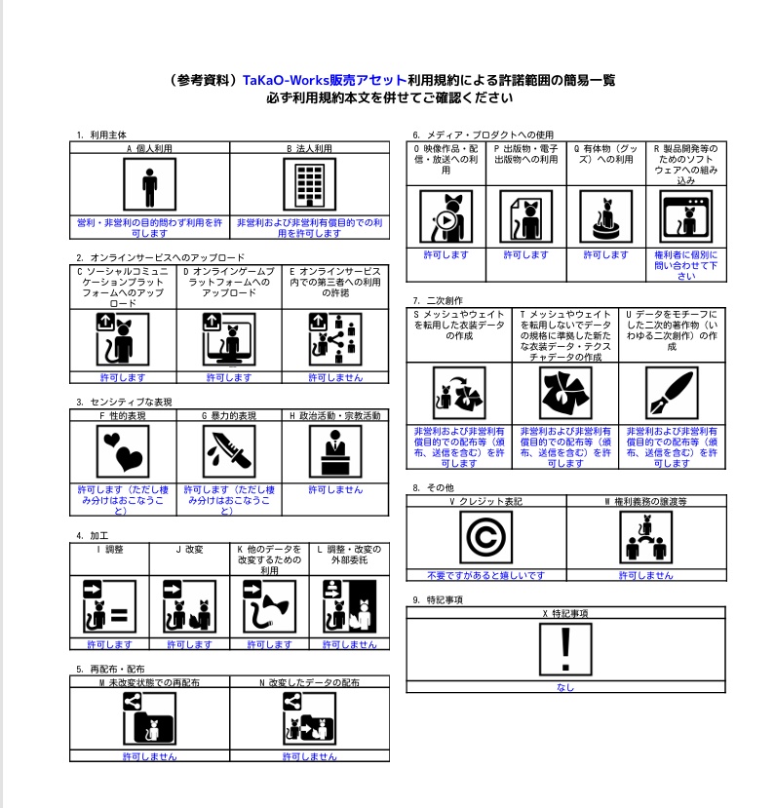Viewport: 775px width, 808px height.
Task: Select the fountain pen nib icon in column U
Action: tap(672, 393)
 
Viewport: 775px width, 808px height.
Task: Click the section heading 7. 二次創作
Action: tap(438, 300)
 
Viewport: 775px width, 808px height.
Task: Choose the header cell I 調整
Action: tap(109, 549)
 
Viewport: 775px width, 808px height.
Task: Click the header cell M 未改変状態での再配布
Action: tap(149, 683)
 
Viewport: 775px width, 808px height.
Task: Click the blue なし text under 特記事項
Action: tap(565, 687)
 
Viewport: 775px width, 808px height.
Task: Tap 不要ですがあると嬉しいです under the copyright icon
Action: tap(485, 575)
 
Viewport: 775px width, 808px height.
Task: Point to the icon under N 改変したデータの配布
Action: tap(309, 721)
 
